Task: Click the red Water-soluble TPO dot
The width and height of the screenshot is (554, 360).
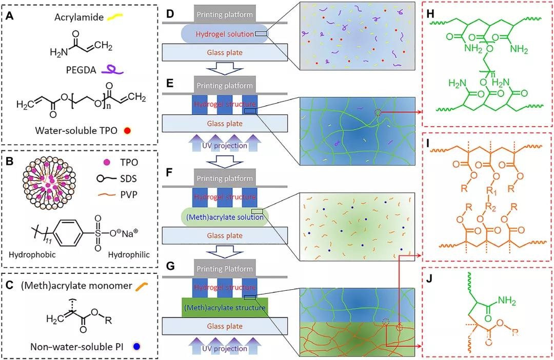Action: coord(128,131)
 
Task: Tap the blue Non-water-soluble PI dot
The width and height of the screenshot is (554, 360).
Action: coord(136,347)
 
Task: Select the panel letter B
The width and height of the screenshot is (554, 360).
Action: coord(10,162)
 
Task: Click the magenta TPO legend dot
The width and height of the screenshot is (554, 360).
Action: coord(106,163)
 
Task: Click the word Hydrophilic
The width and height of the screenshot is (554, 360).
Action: coord(129,255)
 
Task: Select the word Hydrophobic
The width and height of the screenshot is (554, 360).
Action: coord(32,254)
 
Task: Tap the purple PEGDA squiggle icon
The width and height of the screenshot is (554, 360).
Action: coord(112,70)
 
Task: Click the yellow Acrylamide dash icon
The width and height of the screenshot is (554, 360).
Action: coord(114,16)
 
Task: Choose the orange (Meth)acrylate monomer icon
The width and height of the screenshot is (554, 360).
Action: coord(142,286)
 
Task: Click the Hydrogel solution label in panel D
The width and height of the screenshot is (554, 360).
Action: coord(225,34)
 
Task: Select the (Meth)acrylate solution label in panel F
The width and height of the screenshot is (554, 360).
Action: coord(225,217)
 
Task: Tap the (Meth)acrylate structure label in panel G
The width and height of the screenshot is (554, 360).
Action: coord(225,308)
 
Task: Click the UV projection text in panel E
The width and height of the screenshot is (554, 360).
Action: coord(225,146)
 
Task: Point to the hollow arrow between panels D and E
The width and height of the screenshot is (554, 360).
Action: coord(225,70)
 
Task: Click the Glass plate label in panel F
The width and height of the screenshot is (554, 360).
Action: coord(225,236)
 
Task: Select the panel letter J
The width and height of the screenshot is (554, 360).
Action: coord(429,279)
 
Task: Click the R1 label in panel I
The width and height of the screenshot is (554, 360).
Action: coord(492,191)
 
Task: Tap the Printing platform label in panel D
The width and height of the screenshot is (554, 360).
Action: coord(225,15)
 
